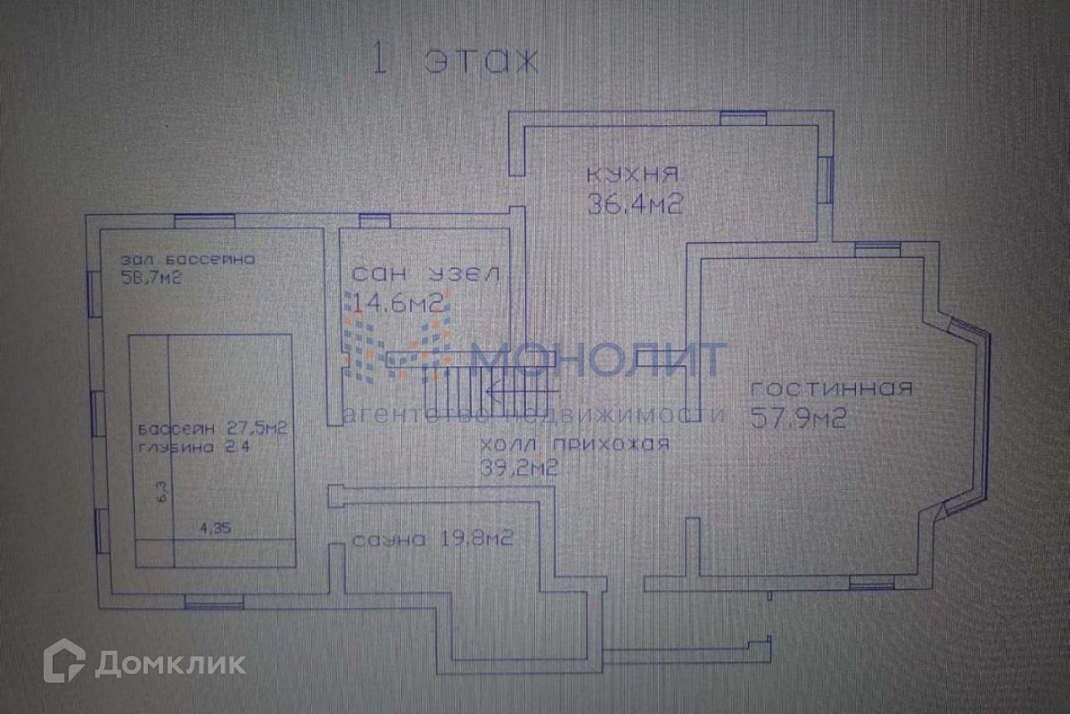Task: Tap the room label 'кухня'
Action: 633,173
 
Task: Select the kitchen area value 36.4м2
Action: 635,204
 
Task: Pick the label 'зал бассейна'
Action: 188,260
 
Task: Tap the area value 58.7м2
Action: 152,278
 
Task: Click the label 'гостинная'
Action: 831,389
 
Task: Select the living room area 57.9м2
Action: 798,418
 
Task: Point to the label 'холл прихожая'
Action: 574,445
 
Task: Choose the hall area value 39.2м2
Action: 519,467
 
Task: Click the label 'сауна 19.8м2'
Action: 432,539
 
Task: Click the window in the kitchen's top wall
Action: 743,116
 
